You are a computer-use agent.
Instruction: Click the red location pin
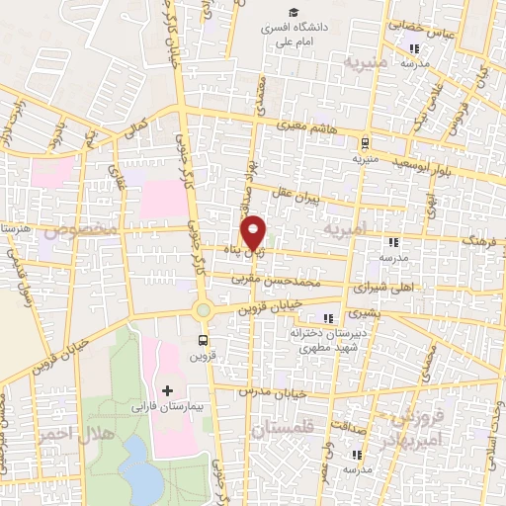pos(254,233)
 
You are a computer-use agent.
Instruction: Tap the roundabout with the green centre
pos(204,310)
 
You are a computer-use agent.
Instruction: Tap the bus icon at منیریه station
pos(364,142)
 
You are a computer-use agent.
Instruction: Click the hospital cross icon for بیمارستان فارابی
pos(166,391)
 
